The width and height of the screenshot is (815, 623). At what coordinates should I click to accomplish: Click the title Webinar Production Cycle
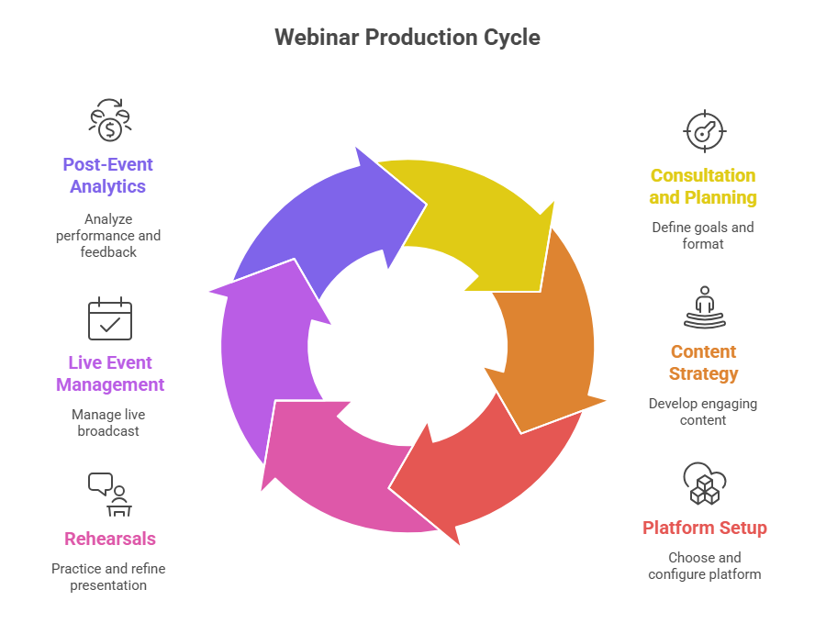407,38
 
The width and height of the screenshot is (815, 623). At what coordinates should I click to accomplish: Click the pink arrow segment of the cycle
332,468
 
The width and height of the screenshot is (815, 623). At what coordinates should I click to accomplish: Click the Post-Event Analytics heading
108,175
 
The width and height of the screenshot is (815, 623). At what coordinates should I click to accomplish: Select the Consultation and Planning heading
703,186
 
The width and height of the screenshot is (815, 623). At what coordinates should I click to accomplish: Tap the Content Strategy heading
703,362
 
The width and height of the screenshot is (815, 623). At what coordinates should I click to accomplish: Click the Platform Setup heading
705,528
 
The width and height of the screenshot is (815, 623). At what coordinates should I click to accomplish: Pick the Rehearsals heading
109,539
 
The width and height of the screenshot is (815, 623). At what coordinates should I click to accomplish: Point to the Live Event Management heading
109,373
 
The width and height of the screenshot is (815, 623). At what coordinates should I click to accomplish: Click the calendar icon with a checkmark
109,318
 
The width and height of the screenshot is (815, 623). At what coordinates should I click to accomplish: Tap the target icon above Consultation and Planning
704,131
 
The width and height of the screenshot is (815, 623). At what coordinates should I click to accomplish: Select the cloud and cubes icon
704,484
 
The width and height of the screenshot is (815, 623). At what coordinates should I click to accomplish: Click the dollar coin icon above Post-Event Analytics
109,120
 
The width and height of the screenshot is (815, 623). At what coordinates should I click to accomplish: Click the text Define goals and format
703,236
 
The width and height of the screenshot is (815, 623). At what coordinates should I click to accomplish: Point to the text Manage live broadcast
108,423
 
